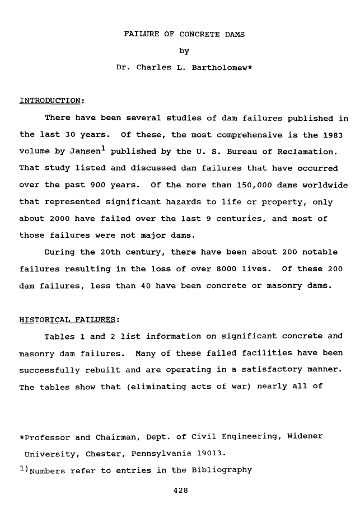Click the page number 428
180,491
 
